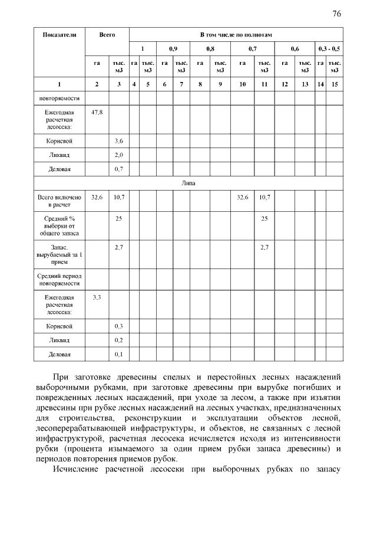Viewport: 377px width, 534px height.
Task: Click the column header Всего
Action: pos(107,35)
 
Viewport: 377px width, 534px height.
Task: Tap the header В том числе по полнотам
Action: pos(236,35)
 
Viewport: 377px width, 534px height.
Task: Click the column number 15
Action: pos(335,84)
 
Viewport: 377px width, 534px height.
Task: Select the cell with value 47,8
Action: pos(97,112)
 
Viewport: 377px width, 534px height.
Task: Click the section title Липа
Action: pos(188,183)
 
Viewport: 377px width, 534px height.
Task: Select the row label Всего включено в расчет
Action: pos(59,201)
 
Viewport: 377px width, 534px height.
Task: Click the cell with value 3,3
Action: pos(97,297)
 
